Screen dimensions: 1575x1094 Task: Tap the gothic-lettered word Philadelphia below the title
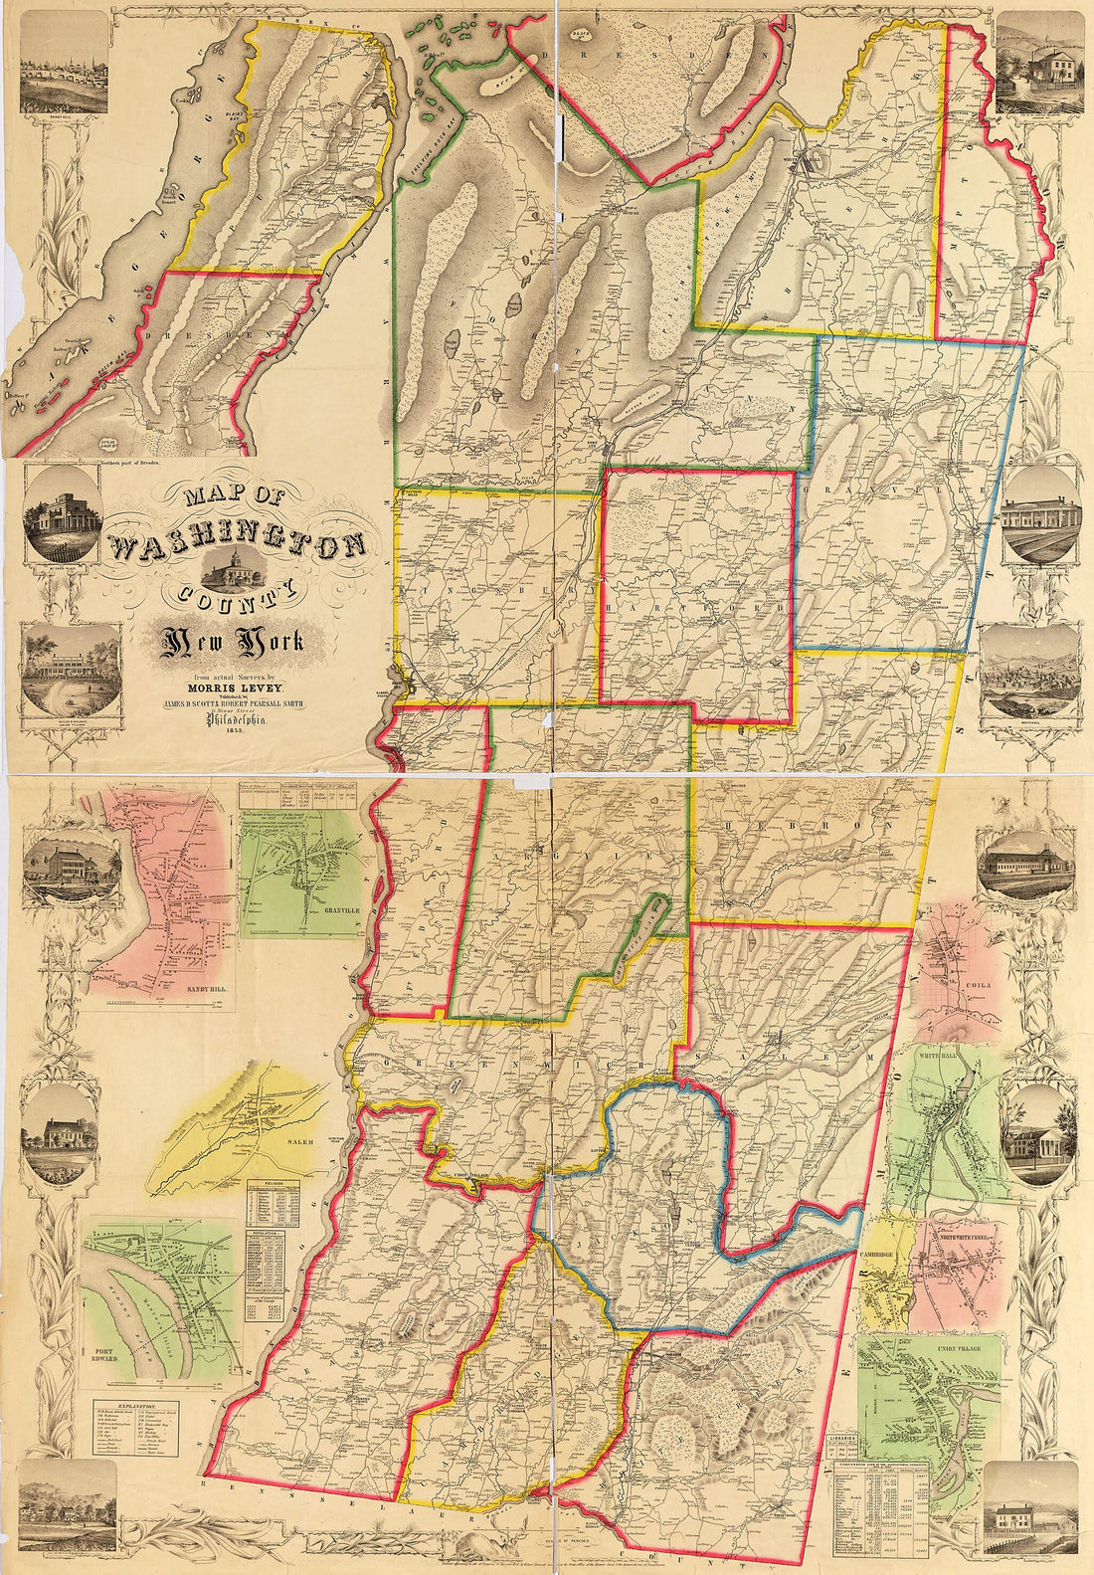point(236,723)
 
